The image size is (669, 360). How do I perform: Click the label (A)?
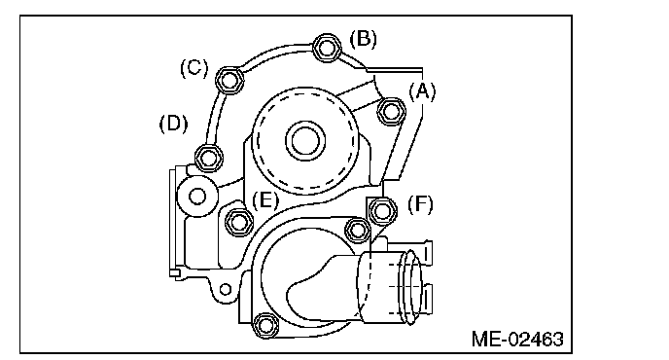(422, 91)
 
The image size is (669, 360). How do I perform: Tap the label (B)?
(364, 39)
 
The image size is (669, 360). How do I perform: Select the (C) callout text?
(194, 68)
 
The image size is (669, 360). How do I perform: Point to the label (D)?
(173, 124)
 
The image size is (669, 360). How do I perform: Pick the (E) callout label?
(264, 199)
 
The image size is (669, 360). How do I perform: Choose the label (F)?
(420, 204)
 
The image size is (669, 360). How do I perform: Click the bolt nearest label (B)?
(327, 48)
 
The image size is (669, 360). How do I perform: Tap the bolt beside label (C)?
(229, 81)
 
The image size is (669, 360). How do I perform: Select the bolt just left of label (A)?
(391, 111)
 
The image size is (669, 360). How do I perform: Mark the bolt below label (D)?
(208, 158)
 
